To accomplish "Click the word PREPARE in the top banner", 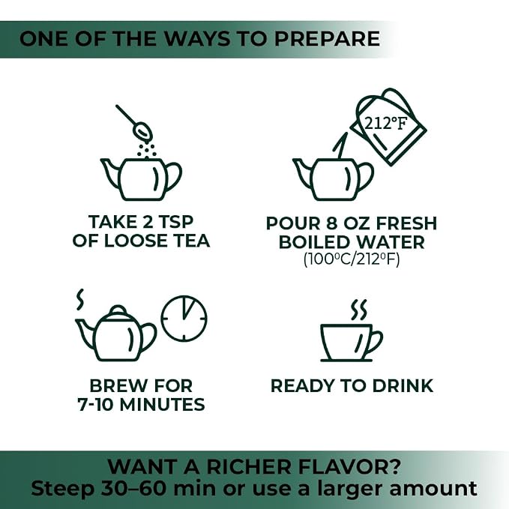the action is pyautogui.click(x=327, y=39).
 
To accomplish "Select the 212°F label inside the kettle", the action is pyautogui.click(x=385, y=124).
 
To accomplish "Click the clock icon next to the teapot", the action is pyautogui.click(x=184, y=318).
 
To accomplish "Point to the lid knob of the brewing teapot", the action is pyautogui.click(x=118, y=310).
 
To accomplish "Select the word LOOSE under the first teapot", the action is pyautogui.click(x=135, y=241).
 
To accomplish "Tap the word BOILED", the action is pyautogui.click(x=314, y=242).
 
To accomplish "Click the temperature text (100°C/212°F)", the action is pyautogui.click(x=352, y=259).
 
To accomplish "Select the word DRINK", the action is pyautogui.click(x=403, y=386).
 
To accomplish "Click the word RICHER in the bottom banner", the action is pyautogui.click(x=249, y=467).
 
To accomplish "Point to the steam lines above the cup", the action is pyautogui.click(x=358, y=310).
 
